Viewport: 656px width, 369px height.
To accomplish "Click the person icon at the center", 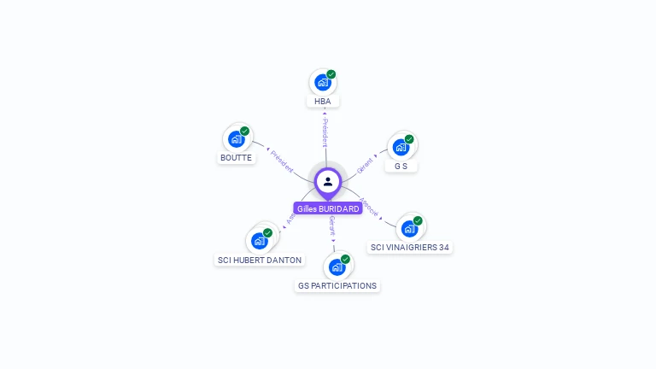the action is [328, 181].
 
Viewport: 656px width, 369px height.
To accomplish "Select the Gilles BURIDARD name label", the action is [328, 208].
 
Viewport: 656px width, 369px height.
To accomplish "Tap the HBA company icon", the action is [322, 82].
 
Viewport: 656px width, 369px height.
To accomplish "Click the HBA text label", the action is [322, 101].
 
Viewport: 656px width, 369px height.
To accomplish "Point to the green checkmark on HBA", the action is [331, 74].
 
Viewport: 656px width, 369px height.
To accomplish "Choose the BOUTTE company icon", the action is [236, 139].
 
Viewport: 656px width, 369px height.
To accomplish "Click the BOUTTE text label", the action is [236, 158].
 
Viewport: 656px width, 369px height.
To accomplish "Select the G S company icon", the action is [401, 147].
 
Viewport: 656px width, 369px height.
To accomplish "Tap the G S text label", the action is [401, 166].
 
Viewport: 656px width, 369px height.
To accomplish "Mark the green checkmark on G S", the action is [409, 139].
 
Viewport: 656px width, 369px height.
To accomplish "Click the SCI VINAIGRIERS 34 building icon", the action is [409, 228].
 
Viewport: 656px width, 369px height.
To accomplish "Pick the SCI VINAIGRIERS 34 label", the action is [410, 248].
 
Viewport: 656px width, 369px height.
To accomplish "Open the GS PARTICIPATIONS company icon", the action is [337, 266].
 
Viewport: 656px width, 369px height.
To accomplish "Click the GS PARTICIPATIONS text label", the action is [337, 285].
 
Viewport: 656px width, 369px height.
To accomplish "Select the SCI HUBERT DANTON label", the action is [260, 260].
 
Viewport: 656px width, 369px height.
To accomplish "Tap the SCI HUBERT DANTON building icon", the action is [259, 241].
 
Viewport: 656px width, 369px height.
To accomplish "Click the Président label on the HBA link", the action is [325, 132].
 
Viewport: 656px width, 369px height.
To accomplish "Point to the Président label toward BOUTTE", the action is [281, 159].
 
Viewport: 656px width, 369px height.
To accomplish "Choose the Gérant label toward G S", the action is [366, 163].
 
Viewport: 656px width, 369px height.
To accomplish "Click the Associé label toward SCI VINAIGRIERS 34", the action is [370, 206].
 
